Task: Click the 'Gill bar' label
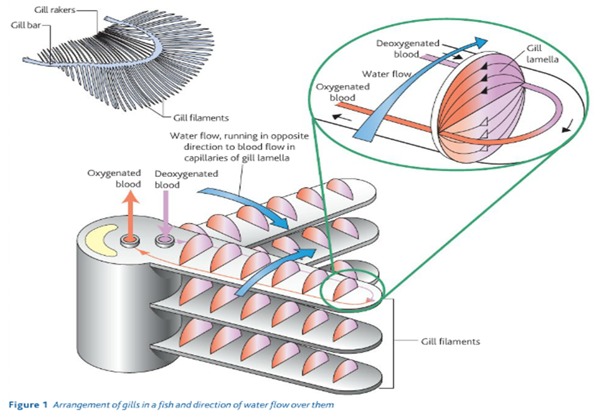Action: click(x=26, y=25)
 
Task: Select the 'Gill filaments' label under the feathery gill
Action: click(x=201, y=118)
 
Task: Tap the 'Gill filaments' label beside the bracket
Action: click(x=450, y=342)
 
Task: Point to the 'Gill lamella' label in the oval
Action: click(x=542, y=54)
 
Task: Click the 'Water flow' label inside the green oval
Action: click(x=386, y=74)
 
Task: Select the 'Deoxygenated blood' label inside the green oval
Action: click(x=407, y=49)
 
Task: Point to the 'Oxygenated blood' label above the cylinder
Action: click(x=114, y=179)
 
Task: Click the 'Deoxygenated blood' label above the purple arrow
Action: click(x=186, y=179)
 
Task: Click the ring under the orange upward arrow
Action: click(x=129, y=241)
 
